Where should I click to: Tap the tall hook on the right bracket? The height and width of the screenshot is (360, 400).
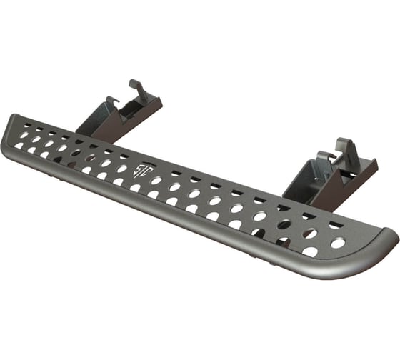click(x=346, y=150)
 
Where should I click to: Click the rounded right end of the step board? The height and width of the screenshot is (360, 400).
click(x=386, y=243)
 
